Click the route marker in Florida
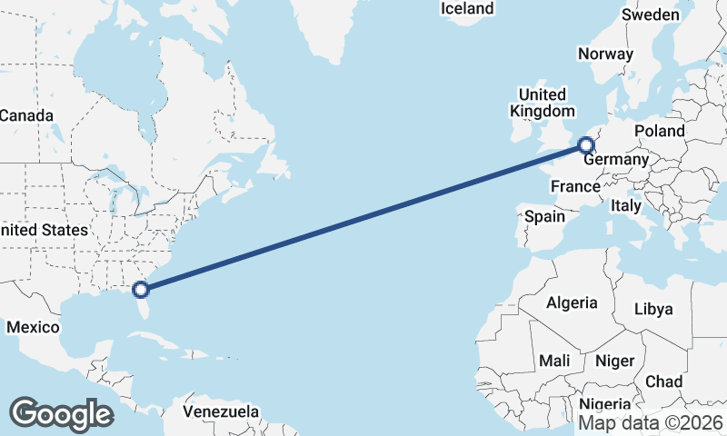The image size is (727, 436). [140, 290]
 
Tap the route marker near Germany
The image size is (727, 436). [586, 144]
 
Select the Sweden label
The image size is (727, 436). [650, 15]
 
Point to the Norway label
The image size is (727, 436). [605, 54]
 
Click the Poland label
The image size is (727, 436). [660, 131]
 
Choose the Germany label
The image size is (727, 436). [616, 160]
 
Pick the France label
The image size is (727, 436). [576, 187]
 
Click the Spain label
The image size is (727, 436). [544, 217]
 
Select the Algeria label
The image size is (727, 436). [573, 302]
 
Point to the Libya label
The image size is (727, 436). [653, 309]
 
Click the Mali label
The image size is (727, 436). [554, 361]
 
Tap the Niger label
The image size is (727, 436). [614, 361]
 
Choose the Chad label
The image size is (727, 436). [663, 381]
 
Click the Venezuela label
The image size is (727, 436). [221, 411]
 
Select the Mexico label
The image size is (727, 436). [33, 327]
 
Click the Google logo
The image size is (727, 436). [61, 413]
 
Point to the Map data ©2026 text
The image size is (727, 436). [651, 422]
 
